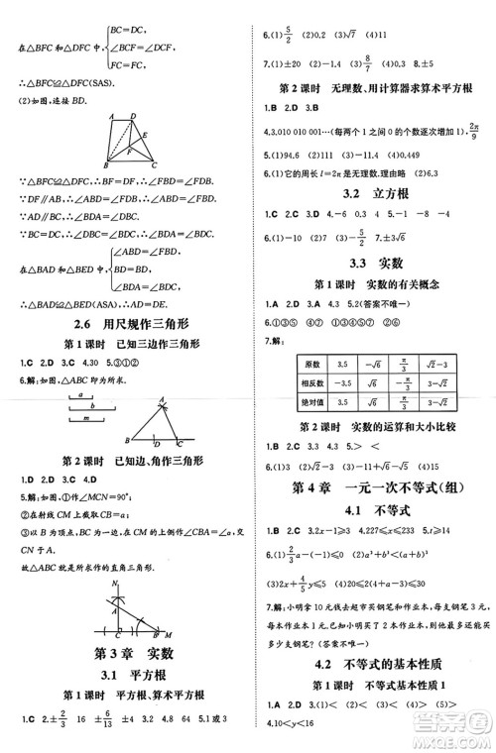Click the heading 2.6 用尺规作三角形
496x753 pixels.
coord(124,324)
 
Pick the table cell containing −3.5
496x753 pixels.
coord(342,384)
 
